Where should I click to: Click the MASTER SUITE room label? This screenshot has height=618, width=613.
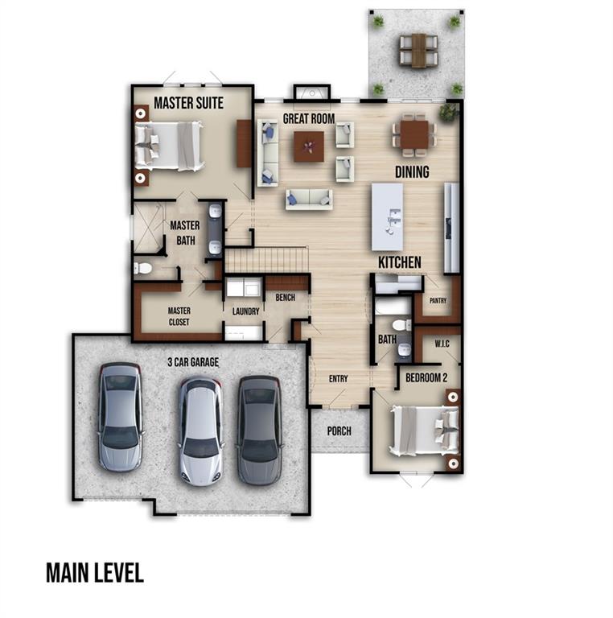point(188,103)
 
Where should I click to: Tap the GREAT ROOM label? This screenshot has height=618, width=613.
point(309,118)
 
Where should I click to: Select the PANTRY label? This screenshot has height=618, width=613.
point(438,301)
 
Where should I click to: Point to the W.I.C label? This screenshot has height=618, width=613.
point(442,344)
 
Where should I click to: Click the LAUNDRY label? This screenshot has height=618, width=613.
point(246,311)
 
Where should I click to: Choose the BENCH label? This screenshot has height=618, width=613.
point(286,297)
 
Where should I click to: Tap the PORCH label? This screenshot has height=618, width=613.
point(339,431)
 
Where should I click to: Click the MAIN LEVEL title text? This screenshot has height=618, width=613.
point(95,573)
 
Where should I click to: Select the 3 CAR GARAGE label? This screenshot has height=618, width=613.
point(193,362)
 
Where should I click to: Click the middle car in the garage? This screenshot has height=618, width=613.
point(200,431)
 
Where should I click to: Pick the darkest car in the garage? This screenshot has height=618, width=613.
point(259,430)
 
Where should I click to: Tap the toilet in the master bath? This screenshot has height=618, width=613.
point(142,268)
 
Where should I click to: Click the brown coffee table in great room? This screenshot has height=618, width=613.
point(309,146)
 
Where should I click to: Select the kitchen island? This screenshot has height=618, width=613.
point(387,216)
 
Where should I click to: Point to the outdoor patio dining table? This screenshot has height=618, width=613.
point(419,51)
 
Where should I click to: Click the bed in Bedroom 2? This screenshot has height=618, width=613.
point(424,431)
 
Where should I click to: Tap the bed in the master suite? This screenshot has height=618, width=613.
point(170,146)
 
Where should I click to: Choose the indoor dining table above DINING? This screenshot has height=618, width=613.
point(414,134)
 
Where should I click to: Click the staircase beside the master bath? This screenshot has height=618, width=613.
point(266,260)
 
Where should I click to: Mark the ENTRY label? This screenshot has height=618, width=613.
point(339,379)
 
